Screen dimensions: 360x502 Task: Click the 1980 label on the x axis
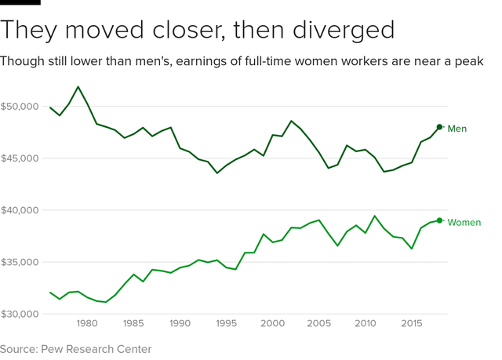[87, 323]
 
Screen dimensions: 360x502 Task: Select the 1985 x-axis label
[133, 323]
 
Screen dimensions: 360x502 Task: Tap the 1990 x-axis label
[180, 323]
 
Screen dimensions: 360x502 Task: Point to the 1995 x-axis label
[226, 323]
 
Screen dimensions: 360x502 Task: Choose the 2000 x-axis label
[272, 323]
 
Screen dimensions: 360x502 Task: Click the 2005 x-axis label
[318, 323]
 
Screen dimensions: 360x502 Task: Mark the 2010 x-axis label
[365, 323]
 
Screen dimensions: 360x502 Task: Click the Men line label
[457, 129]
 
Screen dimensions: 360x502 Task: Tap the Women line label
[464, 223]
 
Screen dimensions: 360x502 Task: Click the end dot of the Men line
[439, 127]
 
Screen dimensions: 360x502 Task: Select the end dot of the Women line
[439, 220]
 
